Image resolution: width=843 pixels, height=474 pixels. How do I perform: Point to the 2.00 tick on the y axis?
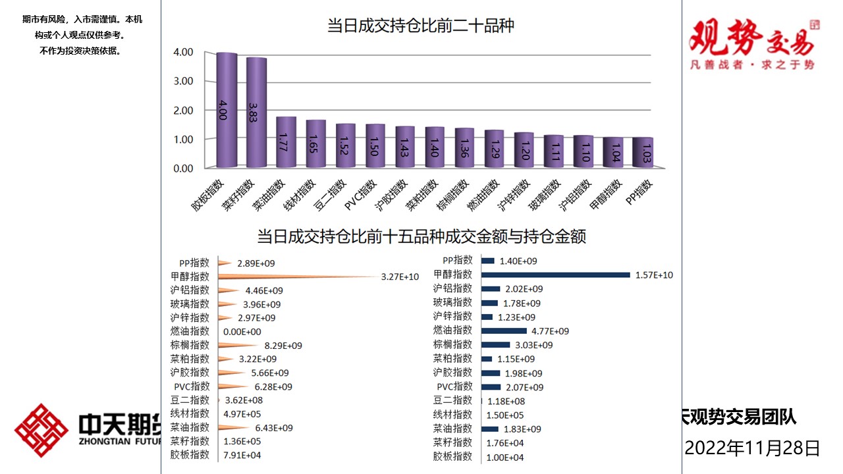(182, 111)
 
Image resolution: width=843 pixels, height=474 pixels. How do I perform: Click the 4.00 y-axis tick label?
(182, 53)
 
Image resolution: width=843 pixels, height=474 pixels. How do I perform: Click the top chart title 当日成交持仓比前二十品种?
(421, 26)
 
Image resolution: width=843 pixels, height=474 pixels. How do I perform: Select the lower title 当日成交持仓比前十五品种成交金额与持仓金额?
(421, 236)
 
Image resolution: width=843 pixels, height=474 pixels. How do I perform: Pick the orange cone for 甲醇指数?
(296, 277)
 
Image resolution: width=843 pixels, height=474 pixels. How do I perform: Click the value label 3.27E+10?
(400, 277)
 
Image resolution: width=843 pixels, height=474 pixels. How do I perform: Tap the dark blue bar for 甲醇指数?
(555, 275)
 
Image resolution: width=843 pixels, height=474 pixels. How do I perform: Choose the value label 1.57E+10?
(654, 275)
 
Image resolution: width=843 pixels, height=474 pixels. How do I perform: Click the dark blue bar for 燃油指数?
(504, 330)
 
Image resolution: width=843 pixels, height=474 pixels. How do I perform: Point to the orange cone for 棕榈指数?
(238, 346)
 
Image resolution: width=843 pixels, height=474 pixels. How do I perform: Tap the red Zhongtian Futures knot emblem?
(41, 431)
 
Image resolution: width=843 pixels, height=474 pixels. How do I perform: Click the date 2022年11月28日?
(753, 448)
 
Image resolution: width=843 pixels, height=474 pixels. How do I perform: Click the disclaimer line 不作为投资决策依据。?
(80, 51)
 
